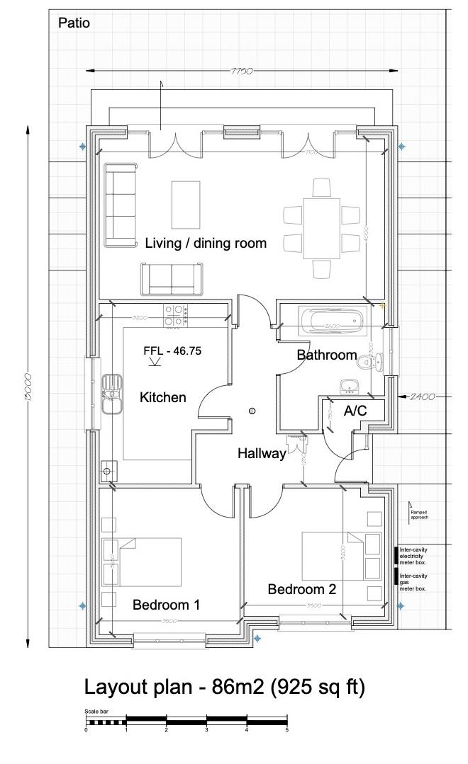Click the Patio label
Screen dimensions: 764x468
tap(74, 23)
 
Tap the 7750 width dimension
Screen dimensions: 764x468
tap(242, 71)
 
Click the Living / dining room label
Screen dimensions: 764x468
tap(206, 244)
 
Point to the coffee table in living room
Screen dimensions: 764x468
tap(186, 203)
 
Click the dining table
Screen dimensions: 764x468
tap(321, 228)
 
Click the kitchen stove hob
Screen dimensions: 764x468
tap(175, 315)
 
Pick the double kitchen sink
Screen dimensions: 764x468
tap(111, 394)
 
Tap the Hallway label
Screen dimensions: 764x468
tap(261, 453)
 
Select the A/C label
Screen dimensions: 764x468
tap(355, 411)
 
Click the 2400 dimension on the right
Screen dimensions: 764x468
tap(422, 397)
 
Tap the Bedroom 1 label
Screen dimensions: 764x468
tap(166, 605)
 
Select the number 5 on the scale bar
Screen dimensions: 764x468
tap(286, 730)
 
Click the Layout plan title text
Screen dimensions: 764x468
tap(225, 687)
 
